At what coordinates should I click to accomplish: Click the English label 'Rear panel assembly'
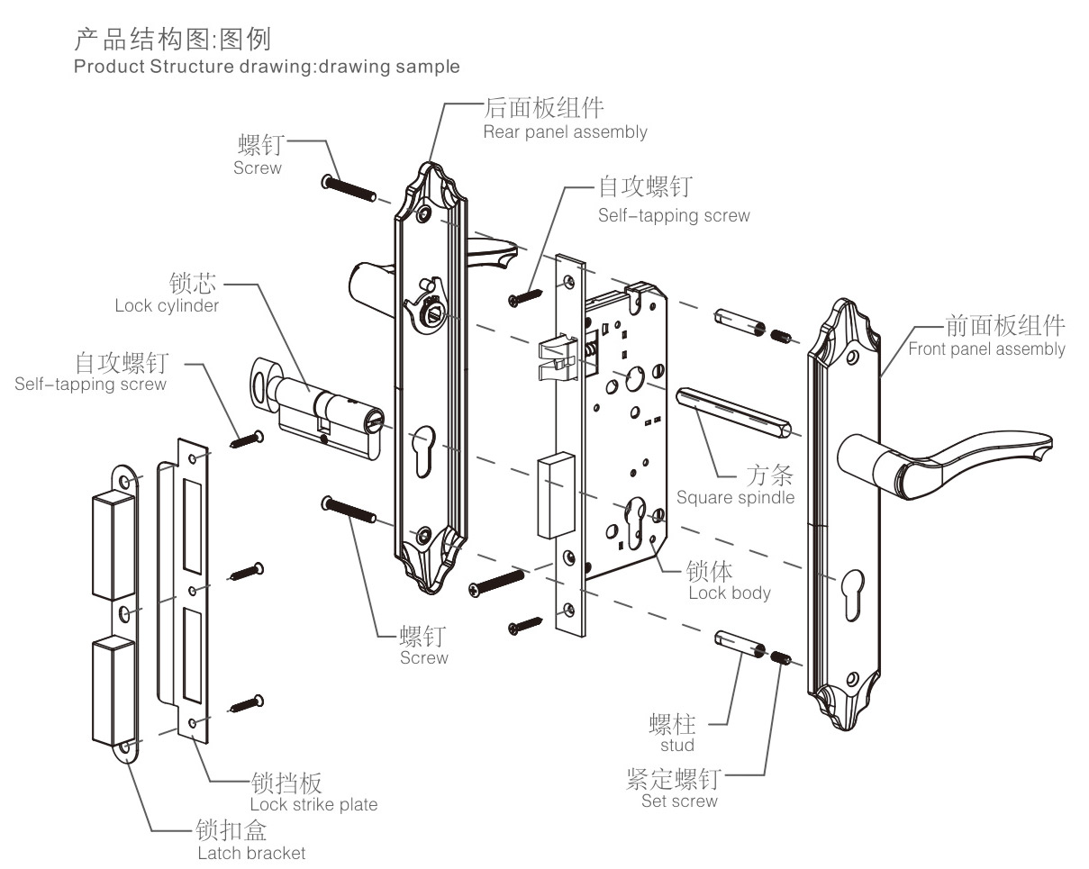(x=565, y=132)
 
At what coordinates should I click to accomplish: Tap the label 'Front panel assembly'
(x=986, y=349)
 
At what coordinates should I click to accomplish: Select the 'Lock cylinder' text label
(x=167, y=306)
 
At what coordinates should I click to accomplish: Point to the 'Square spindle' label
(x=735, y=497)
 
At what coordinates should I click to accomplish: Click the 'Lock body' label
(x=730, y=593)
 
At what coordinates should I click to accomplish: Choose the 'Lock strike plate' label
(x=313, y=804)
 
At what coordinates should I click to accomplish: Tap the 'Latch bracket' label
(x=251, y=853)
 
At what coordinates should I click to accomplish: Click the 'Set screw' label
(x=679, y=801)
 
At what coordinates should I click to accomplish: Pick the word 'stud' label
(x=676, y=746)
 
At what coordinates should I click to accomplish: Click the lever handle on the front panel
(x=946, y=455)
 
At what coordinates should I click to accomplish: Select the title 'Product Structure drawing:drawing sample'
(x=267, y=67)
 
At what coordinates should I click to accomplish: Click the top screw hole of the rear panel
(x=424, y=215)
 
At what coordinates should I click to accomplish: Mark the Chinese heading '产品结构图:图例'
(x=171, y=39)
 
